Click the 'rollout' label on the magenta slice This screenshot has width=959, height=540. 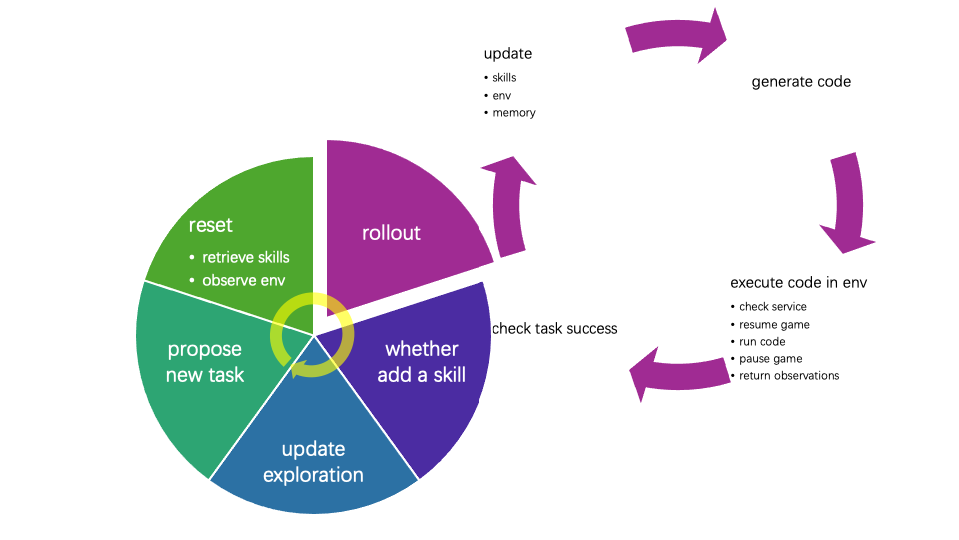click(x=391, y=233)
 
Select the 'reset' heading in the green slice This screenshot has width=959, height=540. click(x=211, y=225)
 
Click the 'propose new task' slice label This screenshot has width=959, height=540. click(x=205, y=362)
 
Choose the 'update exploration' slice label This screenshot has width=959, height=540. click(x=313, y=462)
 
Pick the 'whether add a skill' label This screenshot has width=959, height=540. click(x=422, y=362)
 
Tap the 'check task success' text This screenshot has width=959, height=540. click(x=555, y=329)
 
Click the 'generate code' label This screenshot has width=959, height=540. click(x=801, y=82)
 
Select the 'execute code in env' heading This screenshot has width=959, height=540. click(x=799, y=282)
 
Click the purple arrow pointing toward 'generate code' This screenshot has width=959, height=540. click(x=676, y=35)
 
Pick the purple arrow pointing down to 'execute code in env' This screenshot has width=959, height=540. click(x=851, y=202)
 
